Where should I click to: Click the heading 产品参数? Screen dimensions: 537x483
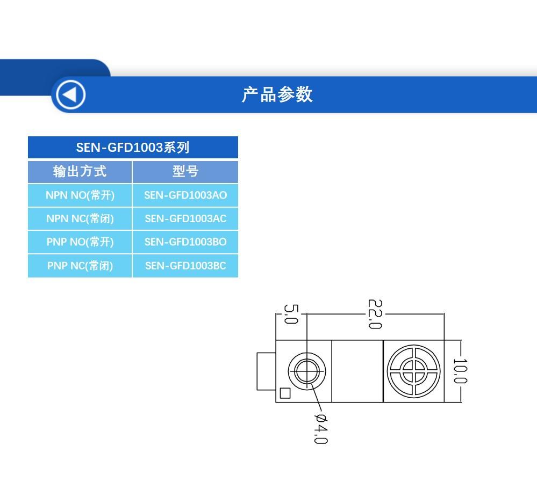[277, 94]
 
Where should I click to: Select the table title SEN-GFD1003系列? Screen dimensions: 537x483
[132, 147]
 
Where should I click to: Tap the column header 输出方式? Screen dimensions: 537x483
[80, 171]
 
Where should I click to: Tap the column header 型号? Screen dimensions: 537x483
[185, 171]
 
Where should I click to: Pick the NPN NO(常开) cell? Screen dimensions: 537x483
[80, 195]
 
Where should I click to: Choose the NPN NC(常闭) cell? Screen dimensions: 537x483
[80, 218]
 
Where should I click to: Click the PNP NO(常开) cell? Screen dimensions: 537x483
[80, 242]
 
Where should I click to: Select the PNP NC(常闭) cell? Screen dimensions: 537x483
[80, 266]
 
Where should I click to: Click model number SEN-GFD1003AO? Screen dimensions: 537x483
[185, 195]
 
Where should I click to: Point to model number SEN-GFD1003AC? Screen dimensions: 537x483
[185, 218]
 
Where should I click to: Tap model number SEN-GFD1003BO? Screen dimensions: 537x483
[185, 242]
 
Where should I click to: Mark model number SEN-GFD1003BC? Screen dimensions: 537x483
[185, 266]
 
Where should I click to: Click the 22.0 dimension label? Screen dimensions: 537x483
[374, 314]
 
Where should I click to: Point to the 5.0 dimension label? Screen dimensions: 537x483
[290, 314]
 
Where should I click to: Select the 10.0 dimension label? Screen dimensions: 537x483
[460, 371]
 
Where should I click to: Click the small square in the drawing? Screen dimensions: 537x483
[285, 393]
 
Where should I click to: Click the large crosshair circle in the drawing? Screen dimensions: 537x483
[413, 371]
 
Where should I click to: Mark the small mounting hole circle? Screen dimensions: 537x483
[306, 371]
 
